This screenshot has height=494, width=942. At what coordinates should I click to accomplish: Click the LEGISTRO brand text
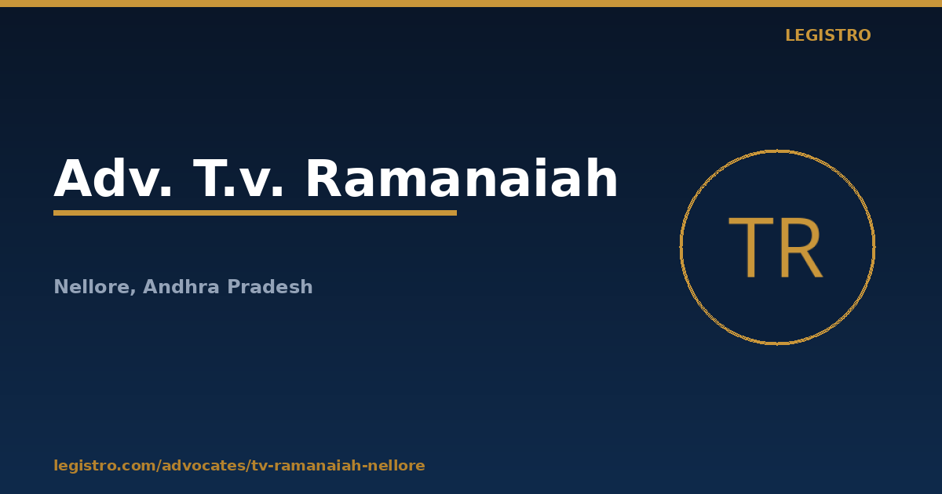827,35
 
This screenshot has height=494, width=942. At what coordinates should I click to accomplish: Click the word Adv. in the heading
113,178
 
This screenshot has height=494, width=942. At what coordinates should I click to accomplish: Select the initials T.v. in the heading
239,178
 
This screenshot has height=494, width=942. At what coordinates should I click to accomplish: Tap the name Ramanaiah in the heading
462,178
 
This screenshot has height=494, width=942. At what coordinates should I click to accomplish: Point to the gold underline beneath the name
255,213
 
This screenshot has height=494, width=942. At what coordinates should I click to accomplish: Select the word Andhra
181,286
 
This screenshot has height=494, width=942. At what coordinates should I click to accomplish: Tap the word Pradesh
269,286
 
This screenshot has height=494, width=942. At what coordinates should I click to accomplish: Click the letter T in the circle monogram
751,248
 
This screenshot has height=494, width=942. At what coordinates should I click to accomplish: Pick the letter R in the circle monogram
801,248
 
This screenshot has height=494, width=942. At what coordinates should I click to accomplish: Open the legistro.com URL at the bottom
239,466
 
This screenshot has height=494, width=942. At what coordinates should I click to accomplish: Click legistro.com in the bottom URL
104,466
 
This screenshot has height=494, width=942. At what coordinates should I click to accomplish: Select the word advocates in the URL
204,466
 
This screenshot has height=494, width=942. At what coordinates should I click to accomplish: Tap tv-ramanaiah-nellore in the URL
338,466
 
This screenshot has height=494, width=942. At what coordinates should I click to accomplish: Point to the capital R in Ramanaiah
324,178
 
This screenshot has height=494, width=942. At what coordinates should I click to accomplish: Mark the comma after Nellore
133,291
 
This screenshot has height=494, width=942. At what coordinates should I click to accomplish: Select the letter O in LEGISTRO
863,35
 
